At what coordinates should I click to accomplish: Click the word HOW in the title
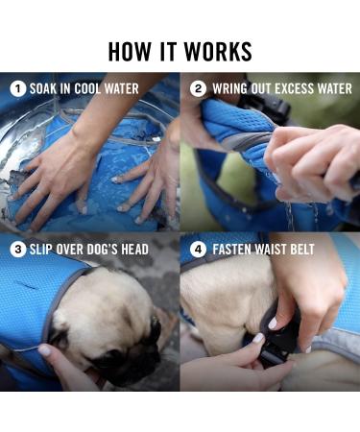128,51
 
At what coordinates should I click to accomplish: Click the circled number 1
16,88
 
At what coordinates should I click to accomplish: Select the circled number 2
198,88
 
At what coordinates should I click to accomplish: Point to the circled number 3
16,249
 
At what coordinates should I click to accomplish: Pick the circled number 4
198,249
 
